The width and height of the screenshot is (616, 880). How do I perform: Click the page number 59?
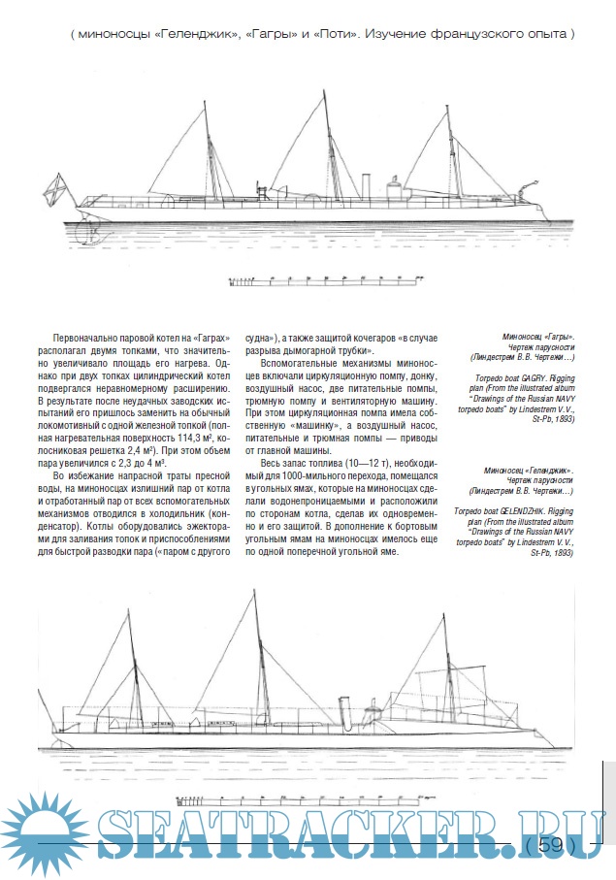pyautogui.click(x=550, y=845)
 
